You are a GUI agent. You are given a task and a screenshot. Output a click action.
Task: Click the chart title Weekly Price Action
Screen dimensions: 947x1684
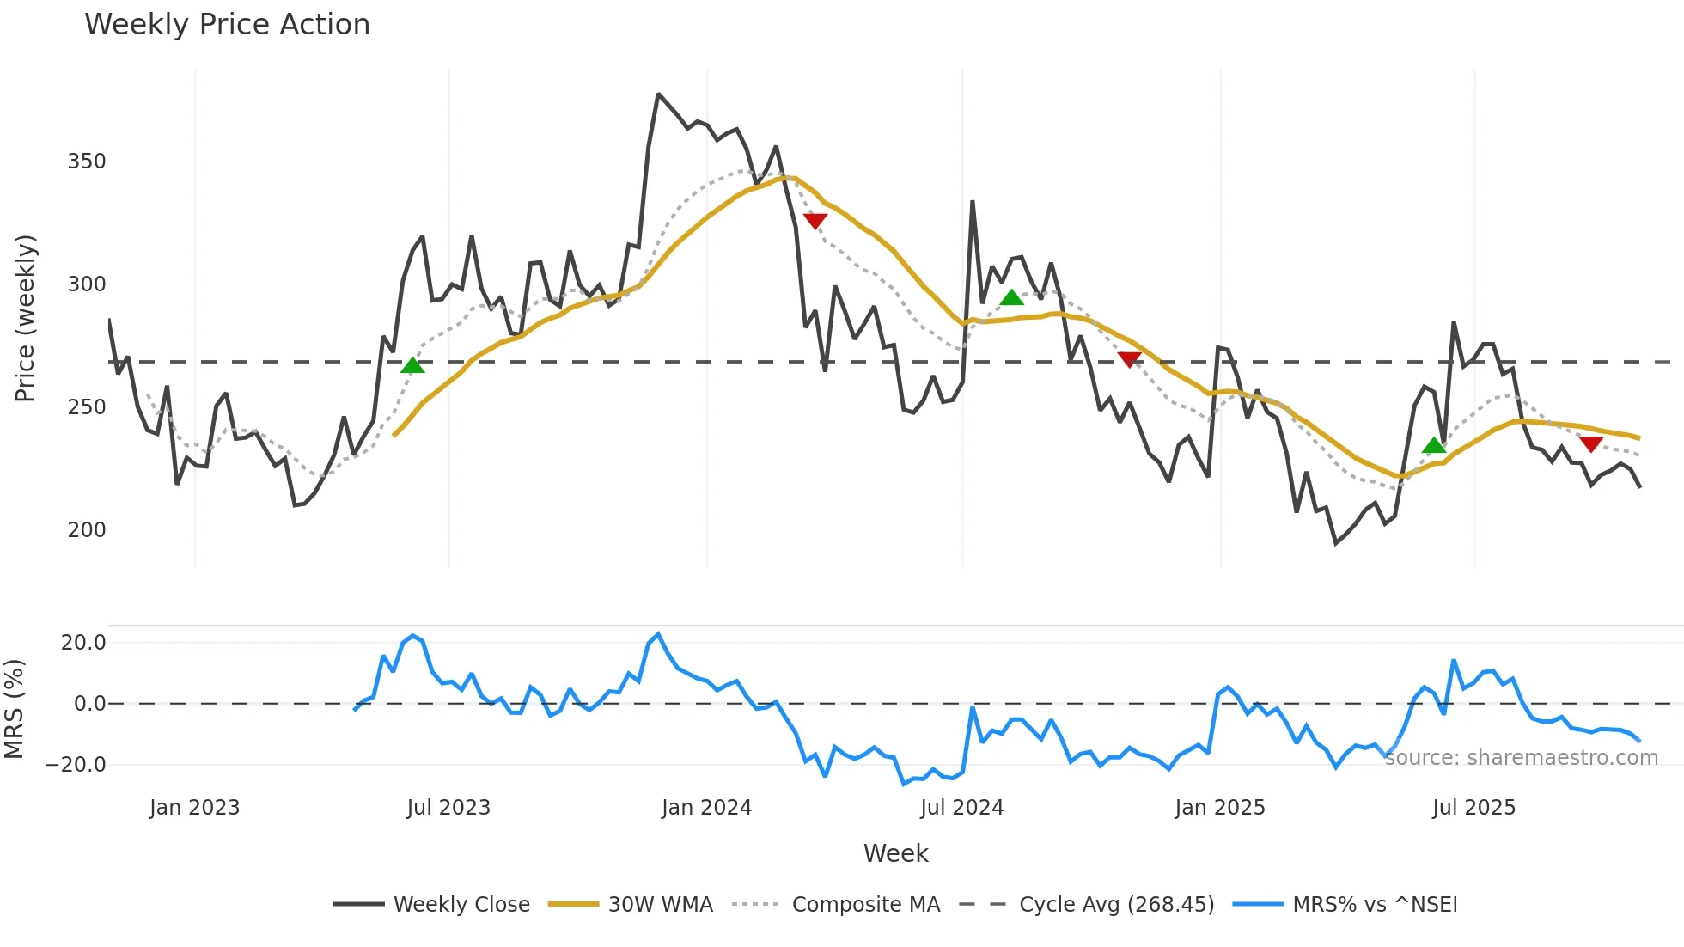[227, 25]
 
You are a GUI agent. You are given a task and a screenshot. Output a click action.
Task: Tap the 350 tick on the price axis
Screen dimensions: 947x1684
[87, 162]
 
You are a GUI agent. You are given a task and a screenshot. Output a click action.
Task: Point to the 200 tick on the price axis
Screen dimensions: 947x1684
[87, 530]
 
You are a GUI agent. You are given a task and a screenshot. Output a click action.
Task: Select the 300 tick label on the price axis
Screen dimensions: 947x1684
[87, 284]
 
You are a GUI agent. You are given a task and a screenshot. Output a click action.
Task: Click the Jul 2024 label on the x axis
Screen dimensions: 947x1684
[961, 808]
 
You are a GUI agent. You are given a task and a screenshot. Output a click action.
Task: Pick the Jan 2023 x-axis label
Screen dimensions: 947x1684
[194, 808]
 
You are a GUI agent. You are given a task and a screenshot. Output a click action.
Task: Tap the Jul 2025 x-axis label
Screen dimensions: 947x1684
[1473, 808]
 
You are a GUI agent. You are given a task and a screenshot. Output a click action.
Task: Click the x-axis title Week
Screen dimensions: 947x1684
[895, 853]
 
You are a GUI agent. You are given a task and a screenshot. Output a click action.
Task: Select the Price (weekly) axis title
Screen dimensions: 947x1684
[25, 318]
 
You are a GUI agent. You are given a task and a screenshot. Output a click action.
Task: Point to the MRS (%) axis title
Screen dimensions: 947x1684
[14, 709]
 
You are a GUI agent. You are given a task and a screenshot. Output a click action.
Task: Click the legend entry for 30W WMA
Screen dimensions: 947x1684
[660, 905]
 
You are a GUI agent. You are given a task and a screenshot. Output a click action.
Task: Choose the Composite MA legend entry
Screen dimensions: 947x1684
[865, 905]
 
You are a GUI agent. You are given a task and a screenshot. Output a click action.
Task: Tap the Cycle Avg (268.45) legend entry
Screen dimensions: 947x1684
[1116, 905]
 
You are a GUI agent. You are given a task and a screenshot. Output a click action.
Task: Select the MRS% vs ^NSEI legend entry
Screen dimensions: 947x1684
[1375, 905]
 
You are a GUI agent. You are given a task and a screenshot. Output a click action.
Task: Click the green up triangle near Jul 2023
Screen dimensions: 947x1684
[412, 366]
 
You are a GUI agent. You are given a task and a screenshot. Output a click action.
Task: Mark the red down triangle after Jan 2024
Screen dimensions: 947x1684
[815, 221]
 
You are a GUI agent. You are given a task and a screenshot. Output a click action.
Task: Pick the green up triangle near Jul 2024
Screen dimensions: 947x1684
[1012, 298]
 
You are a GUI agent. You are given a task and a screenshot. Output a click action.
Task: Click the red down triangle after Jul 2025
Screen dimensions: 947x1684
[1591, 443]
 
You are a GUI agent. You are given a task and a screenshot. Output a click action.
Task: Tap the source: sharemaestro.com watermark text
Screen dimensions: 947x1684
[1521, 758]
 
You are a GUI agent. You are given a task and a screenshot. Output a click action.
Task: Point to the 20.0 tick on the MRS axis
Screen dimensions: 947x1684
[83, 643]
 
